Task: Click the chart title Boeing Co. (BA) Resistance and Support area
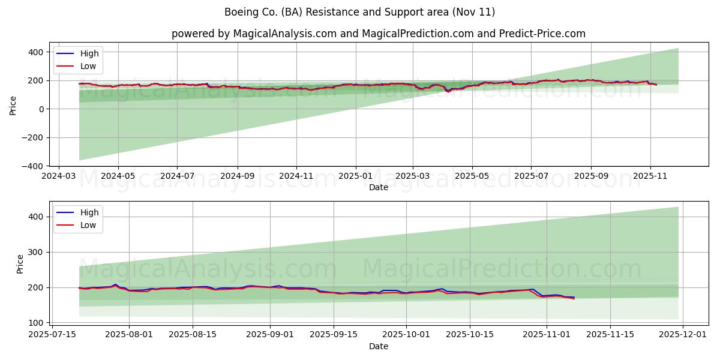(359, 12)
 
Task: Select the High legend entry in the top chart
(89, 53)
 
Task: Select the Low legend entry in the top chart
(88, 67)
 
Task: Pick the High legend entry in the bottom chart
(89, 212)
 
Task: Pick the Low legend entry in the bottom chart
(88, 226)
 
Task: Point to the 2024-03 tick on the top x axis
(58, 177)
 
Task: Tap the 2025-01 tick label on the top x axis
(356, 177)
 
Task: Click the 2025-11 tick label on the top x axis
(650, 177)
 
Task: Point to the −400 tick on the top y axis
(34, 166)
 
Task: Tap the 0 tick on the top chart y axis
(42, 109)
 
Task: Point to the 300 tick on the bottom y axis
(37, 252)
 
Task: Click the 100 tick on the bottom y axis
(37, 323)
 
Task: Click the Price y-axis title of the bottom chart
(20, 264)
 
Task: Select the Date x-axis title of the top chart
(378, 187)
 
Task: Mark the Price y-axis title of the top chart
(13, 105)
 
